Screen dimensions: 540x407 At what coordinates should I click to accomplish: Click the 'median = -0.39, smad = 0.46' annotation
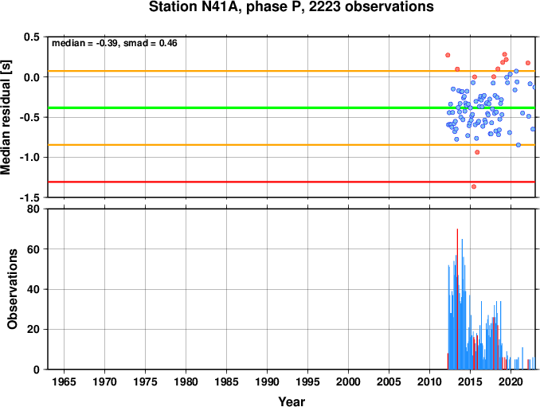coord(115,43)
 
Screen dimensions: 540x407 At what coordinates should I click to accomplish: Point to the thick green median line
coord(292,108)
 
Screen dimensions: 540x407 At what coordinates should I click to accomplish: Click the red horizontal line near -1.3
coord(292,182)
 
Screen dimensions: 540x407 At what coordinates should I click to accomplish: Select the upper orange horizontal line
coord(292,71)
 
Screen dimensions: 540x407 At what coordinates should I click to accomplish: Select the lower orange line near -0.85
coord(292,145)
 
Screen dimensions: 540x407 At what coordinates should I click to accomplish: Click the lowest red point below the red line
coord(474,186)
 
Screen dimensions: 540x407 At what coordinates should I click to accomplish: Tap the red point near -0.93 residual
coord(477,152)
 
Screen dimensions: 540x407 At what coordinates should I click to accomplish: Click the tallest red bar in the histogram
coord(457,299)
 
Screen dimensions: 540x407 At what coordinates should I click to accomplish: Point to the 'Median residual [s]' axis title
coord(6,117)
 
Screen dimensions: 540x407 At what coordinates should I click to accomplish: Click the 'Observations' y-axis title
coord(12,289)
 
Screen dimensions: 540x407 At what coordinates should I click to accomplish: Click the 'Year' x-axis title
coord(292,401)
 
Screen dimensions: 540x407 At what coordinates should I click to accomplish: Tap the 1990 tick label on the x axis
coord(268,382)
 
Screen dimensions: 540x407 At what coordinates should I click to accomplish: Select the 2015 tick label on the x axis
coord(470,382)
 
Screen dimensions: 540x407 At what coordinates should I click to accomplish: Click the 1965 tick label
coord(64,382)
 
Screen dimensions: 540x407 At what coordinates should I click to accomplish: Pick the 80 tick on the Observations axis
coord(33,209)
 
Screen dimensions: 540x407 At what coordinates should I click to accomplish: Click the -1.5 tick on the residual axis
coord(29,198)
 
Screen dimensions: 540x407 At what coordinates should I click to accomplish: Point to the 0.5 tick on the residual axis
coord(32,37)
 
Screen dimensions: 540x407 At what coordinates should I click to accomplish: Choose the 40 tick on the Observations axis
coord(33,289)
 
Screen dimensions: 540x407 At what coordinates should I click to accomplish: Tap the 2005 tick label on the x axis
coord(389,382)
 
